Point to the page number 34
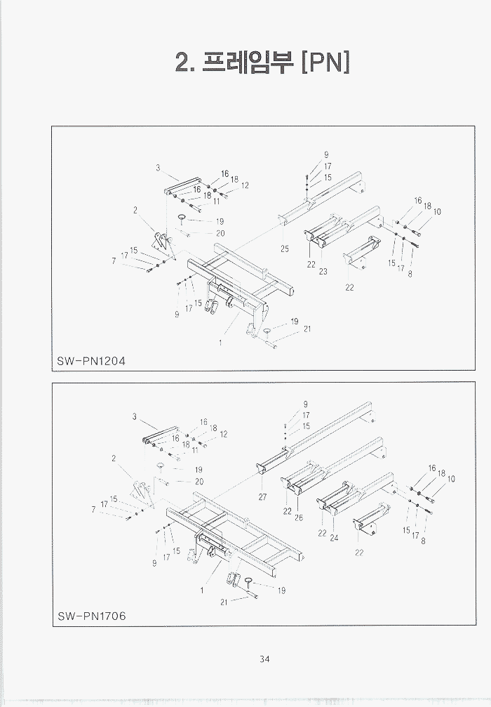(264, 659)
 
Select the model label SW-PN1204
(91, 361)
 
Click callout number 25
(285, 249)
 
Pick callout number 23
(323, 272)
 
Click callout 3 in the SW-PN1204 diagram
(159, 167)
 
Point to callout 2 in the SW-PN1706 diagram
(114, 458)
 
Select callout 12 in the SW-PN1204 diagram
(245, 185)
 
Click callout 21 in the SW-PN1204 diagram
(307, 329)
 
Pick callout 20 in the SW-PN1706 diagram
(199, 482)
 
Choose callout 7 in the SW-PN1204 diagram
(114, 260)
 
